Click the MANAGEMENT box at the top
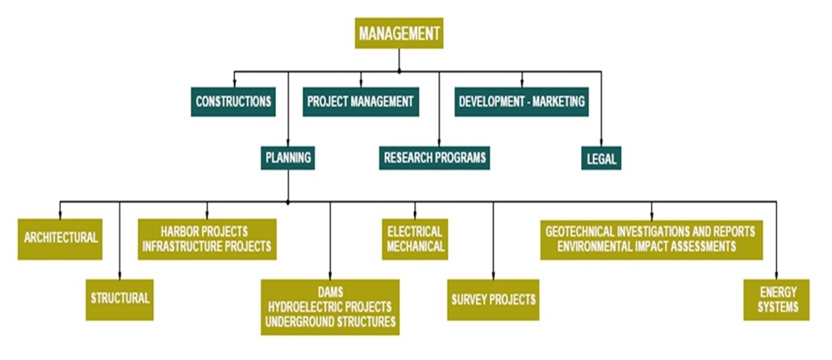coord(399,33)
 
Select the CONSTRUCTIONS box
coord(233,103)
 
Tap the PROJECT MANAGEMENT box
coord(361,103)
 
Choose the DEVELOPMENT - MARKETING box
coord(521,103)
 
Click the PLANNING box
coord(287,158)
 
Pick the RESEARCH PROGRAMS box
coord(435,158)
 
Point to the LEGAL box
coord(601,158)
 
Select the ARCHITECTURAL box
coord(61,239)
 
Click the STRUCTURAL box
coord(119,299)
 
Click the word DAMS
coord(330,291)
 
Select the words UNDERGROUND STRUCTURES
coord(330,322)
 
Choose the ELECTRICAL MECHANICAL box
coord(415,239)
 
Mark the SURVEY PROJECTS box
coord(492,299)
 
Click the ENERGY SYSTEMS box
coord(776,299)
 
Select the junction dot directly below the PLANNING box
coord(288,201)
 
